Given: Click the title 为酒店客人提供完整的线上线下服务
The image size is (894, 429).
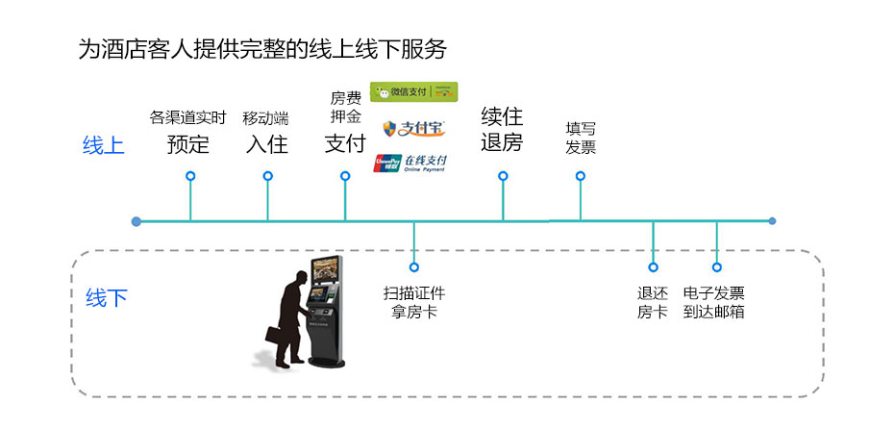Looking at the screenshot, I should [x=261, y=49].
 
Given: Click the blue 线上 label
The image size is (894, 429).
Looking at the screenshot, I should [x=103, y=145].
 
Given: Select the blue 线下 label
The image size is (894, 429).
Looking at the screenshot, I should [x=106, y=297].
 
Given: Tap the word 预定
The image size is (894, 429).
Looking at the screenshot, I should [x=187, y=144].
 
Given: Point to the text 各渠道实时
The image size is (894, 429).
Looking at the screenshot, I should [x=187, y=117].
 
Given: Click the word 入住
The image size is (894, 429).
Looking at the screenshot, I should [x=266, y=144].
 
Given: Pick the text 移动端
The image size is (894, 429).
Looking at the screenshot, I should [x=265, y=117].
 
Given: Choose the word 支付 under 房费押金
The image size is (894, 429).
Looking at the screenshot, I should [x=344, y=143].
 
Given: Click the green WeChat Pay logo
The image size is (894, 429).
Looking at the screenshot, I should [x=413, y=91].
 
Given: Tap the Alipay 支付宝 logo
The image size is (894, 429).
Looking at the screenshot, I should [x=413, y=128].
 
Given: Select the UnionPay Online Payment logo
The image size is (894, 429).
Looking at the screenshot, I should [x=410, y=163].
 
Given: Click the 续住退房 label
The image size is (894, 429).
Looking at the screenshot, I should [x=502, y=130].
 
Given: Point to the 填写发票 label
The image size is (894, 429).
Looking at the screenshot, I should [x=581, y=138].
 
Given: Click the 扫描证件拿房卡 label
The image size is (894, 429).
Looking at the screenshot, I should [x=414, y=302].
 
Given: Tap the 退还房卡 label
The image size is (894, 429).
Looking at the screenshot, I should [x=653, y=302].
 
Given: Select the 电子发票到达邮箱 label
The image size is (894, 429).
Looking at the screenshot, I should [x=714, y=302].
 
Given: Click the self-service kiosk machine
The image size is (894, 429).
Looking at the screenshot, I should [x=328, y=311].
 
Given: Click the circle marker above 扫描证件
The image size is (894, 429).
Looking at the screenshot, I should [x=414, y=267].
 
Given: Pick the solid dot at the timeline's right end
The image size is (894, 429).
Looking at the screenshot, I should [x=772, y=221].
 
